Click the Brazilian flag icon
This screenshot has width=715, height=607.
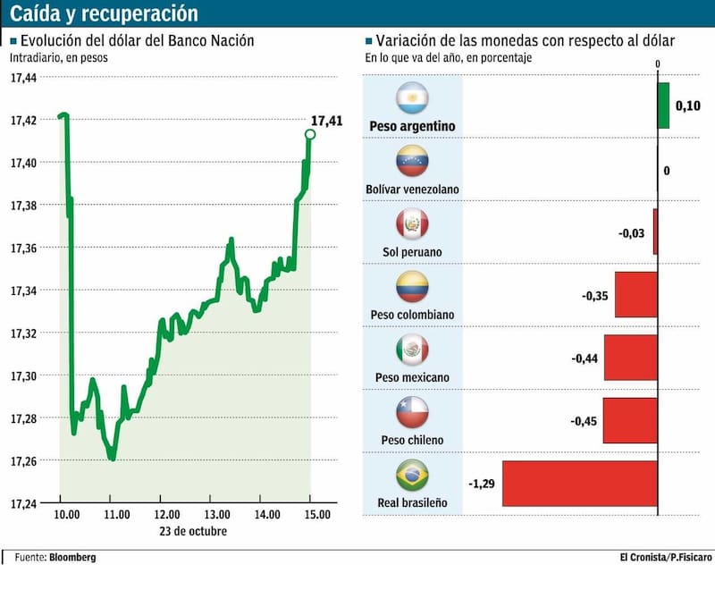pos(413,475)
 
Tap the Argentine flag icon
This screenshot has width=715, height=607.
pos(413,97)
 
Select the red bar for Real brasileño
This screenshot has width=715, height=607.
pos(580,484)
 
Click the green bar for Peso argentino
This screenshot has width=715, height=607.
pos(663,105)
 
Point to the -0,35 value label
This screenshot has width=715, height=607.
pos(595,295)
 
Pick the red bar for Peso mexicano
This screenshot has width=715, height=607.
pos(631,358)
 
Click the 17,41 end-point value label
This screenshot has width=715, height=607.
pos(326,121)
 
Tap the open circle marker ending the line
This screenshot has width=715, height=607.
pos(310,134)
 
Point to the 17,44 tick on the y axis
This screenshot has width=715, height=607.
pos(23,78)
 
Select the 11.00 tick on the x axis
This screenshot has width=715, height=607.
pos(117,515)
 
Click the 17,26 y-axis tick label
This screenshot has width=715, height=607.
pos(23,461)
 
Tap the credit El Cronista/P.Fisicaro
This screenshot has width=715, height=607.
pos(667,557)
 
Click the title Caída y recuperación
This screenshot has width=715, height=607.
pos(105,14)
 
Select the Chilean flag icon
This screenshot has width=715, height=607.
pos(413,412)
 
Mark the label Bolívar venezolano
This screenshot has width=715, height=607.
pos(412,190)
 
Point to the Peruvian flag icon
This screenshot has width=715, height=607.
pos(413,223)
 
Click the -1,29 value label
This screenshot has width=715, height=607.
pos(483,484)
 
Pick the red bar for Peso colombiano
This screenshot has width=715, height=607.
pos(636,295)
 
